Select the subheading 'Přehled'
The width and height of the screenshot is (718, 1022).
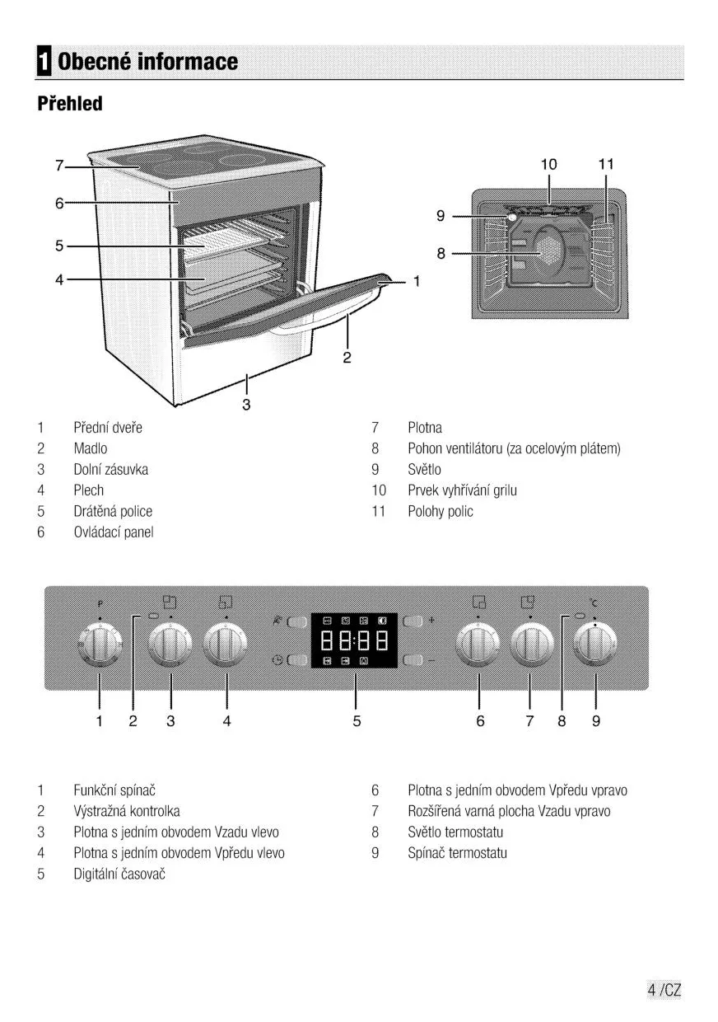pos(70,104)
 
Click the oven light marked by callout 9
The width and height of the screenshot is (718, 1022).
pos(512,218)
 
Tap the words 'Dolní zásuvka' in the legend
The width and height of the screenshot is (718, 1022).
pos(111,470)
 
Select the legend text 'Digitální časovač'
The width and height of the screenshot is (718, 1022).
pos(119,874)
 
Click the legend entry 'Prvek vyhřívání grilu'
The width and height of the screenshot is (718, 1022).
pos(462,490)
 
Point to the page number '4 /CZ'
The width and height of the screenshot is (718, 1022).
pos(664,990)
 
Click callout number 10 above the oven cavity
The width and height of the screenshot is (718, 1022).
pos(548,165)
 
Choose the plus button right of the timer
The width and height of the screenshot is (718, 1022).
pos(414,621)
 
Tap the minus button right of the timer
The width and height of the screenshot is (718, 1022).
pos(414,660)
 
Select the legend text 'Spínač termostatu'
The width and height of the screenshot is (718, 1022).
pos(457,853)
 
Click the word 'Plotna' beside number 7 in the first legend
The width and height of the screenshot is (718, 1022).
pos(425,428)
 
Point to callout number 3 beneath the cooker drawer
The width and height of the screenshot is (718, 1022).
pos(246,405)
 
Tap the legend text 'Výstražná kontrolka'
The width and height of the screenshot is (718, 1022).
pos(127,811)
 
